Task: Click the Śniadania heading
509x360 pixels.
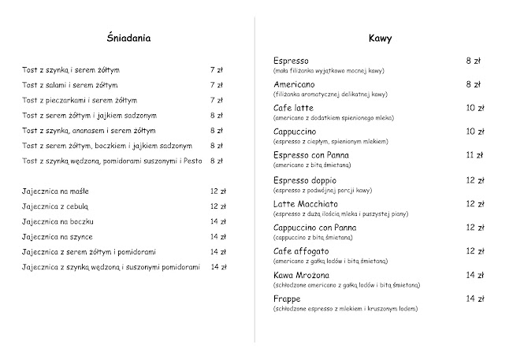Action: coord(128,37)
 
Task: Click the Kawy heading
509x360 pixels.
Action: coord(381,37)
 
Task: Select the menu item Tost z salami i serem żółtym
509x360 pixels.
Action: coord(70,84)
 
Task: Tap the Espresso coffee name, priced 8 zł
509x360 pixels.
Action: coord(291,60)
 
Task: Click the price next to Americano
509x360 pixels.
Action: coord(474,84)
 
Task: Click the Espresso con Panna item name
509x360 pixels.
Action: coord(310,155)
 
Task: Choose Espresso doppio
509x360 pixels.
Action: coord(303,180)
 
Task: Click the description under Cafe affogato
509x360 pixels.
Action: coord(330,260)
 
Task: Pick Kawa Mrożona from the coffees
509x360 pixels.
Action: coord(302,275)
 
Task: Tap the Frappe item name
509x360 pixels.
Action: coord(288,299)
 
